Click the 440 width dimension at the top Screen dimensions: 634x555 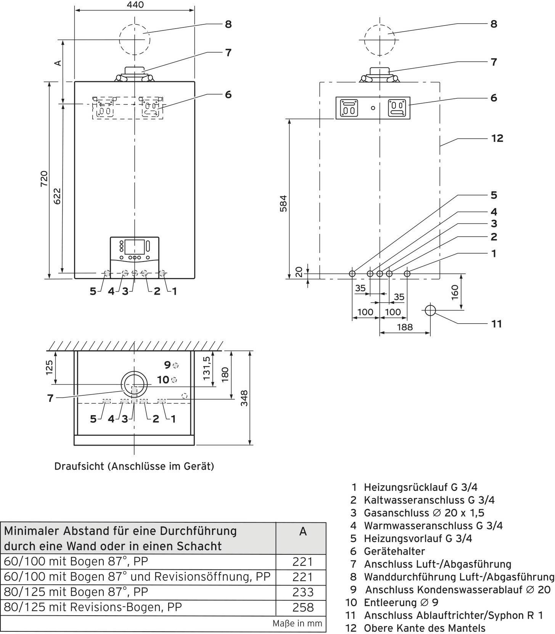pos(135,5)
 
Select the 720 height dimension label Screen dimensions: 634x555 pos(45,179)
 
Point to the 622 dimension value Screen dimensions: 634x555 pos(57,196)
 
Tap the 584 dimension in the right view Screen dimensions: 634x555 pos(283,203)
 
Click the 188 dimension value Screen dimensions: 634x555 pos(404,327)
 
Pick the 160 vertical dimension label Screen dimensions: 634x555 pos(455,292)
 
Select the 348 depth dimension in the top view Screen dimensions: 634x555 pos(244,398)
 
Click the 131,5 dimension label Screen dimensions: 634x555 pos(206,368)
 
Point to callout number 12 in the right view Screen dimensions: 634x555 pos(497,138)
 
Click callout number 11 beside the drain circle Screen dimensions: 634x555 pos(496,324)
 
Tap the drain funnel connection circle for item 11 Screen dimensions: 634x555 pos(430,310)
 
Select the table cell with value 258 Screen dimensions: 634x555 pos(303,607)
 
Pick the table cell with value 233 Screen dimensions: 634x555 pos(303,592)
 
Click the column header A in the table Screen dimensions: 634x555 pos(303,531)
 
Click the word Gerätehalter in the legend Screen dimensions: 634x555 pos(394,551)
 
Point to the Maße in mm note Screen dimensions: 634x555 pos(297,624)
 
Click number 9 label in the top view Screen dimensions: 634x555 pos(167,365)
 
